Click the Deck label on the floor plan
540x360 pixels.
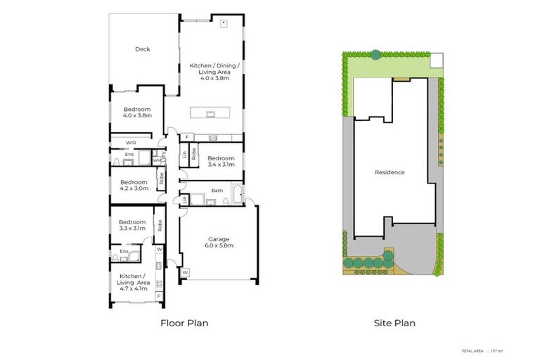143,49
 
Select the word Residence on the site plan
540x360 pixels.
389,172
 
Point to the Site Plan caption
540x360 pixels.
394,323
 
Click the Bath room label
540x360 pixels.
217,191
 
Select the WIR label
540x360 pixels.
131,143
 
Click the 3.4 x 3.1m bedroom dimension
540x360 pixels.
221,164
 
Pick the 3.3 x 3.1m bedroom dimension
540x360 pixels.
132,228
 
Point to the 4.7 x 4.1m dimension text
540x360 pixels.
134,288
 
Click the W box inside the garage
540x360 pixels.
186,272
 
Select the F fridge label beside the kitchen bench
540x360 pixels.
187,137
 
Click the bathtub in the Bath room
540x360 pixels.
236,196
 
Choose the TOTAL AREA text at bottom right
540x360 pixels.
472,349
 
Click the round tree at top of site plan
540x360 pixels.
375,54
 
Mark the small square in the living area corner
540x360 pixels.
224,23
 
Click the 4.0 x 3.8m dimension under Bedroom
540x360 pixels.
137,116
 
